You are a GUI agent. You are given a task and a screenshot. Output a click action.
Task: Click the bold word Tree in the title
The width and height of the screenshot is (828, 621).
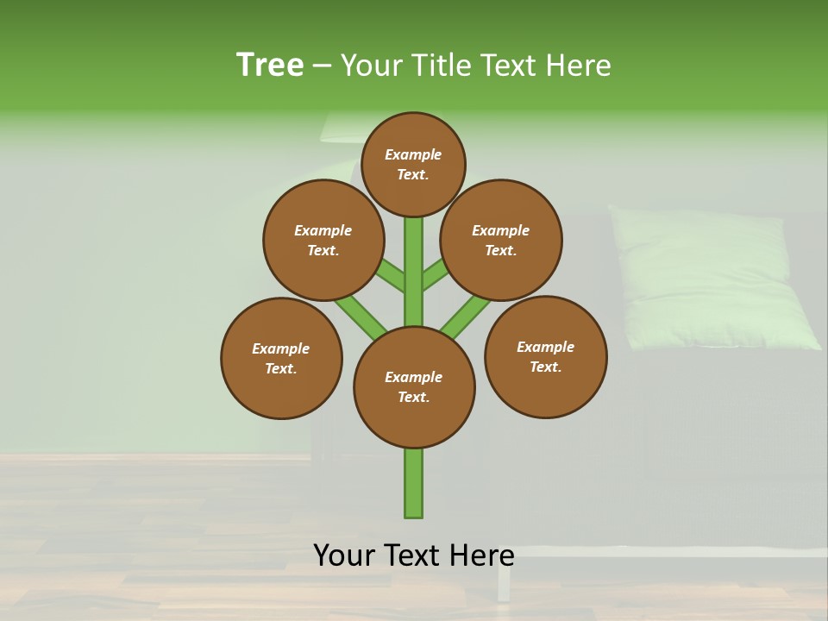click(x=270, y=66)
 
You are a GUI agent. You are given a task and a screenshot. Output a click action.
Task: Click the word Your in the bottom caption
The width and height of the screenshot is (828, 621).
click(x=345, y=555)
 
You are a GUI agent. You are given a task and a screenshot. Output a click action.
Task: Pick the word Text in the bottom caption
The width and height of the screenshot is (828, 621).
click(x=415, y=555)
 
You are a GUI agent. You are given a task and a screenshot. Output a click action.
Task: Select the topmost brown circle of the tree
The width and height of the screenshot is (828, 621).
click(x=413, y=164)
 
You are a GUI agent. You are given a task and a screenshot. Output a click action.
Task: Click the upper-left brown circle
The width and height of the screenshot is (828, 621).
click(x=323, y=240)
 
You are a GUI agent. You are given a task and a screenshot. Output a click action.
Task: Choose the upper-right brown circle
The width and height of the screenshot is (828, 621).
click(x=501, y=240)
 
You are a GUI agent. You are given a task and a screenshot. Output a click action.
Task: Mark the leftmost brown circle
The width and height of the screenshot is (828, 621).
click(x=281, y=358)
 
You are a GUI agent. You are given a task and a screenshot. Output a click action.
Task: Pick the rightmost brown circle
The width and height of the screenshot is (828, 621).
click(x=545, y=356)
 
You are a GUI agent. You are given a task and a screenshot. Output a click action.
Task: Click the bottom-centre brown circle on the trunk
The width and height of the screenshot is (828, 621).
click(x=414, y=387)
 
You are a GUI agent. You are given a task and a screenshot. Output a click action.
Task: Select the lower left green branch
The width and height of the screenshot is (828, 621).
click(x=358, y=314)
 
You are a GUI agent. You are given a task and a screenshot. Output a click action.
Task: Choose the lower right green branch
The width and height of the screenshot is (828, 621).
click(x=467, y=316)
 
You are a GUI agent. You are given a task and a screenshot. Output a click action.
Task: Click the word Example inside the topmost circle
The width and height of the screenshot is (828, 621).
click(x=413, y=154)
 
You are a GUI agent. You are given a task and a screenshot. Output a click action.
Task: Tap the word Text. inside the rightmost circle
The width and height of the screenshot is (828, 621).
click(x=545, y=367)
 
